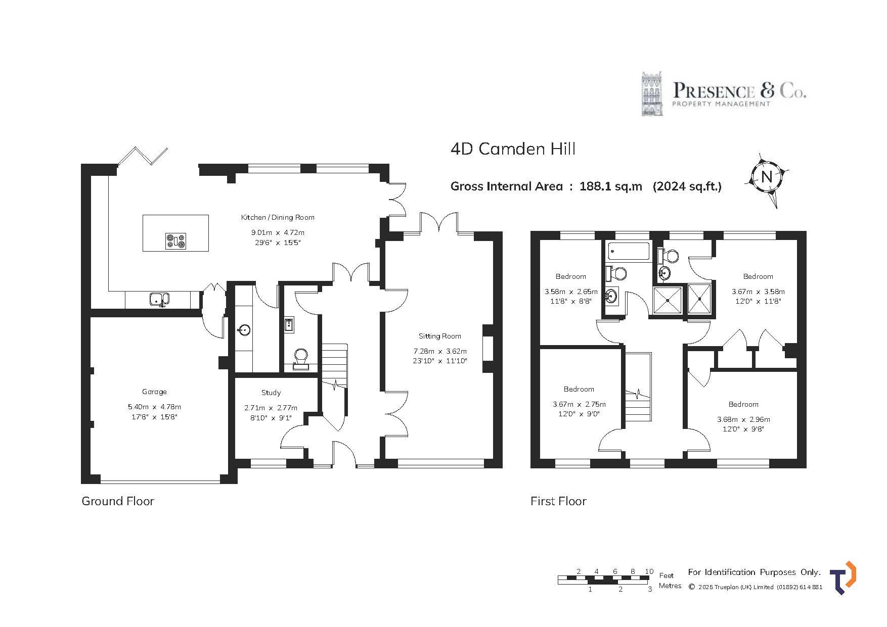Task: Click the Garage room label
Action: tap(154, 392)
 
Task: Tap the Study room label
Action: tap(271, 393)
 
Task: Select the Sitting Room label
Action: tap(440, 336)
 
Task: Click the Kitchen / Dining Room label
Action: tap(278, 217)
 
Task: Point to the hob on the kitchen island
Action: tap(175, 240)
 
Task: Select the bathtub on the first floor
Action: tap(629, 252)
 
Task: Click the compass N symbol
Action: tap(767, 177)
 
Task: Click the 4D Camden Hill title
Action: tap(513, 149)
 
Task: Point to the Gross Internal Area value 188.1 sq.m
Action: tap(611, 186)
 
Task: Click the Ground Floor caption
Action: tap(118, 501)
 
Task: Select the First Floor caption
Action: tap(558, 501)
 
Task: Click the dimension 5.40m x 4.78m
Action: tap(154, 407)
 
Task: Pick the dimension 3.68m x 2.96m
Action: tap(743, 419)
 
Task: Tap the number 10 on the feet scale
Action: tap(649, 571)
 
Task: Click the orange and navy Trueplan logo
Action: tap(843, 577)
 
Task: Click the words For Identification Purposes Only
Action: tap(754, 572)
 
